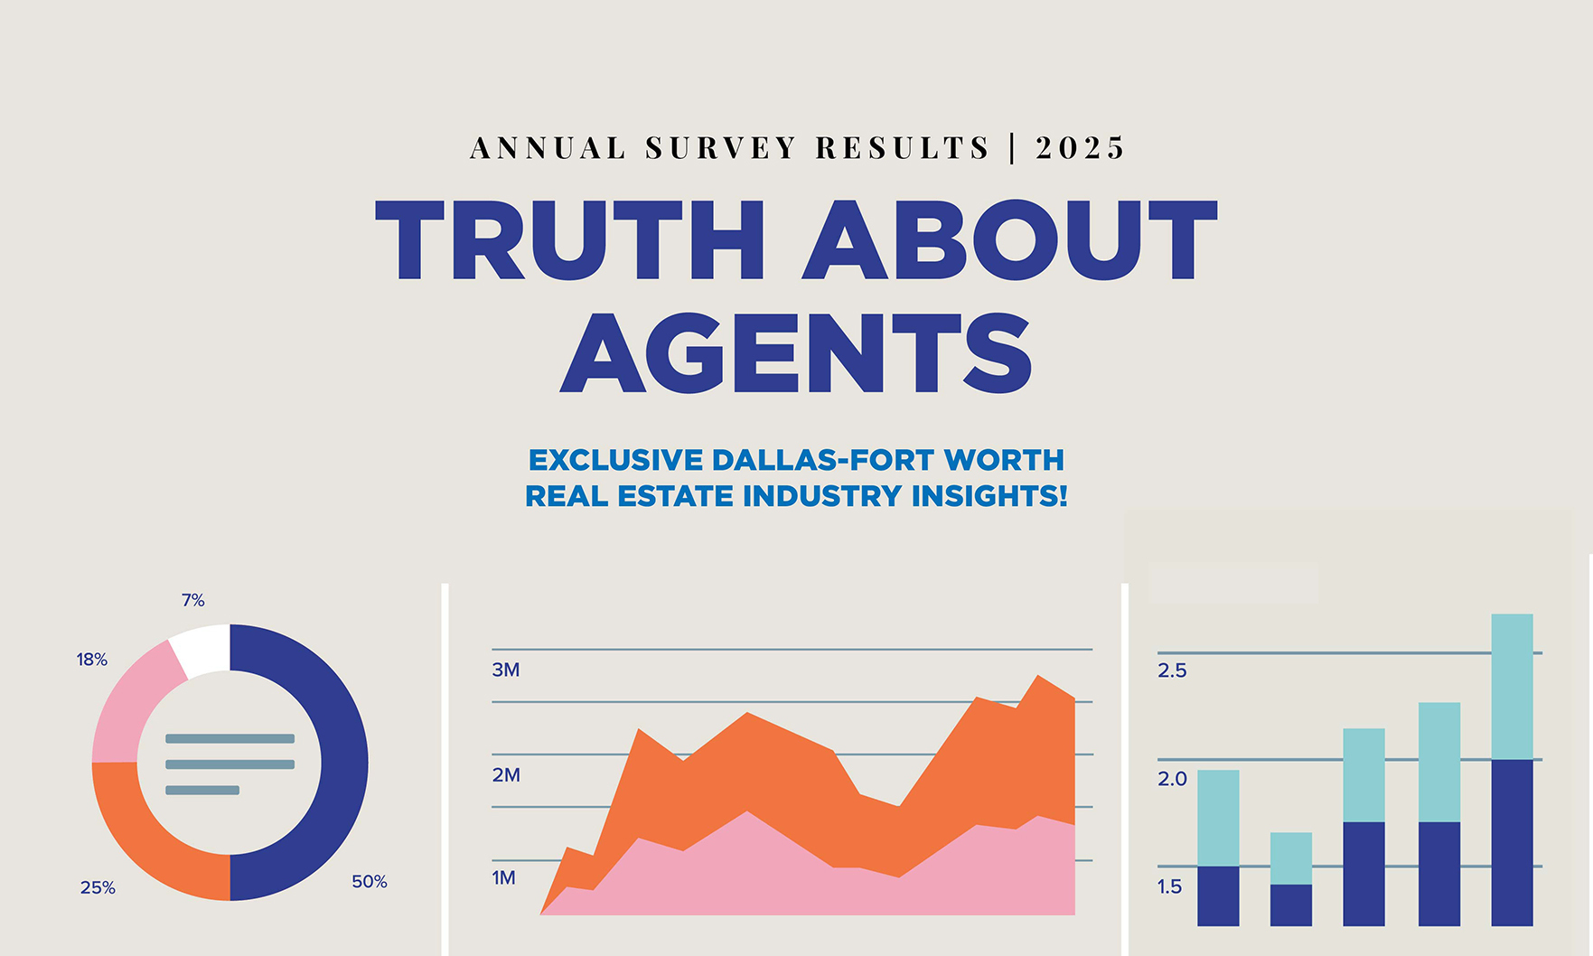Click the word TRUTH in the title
570,239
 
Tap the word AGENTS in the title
795,353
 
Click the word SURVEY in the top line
720,147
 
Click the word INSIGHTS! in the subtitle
989,496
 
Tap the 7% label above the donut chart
193,600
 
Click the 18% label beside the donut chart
92,660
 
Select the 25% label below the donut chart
98,887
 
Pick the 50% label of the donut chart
370,881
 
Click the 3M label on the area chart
506,670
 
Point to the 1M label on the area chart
503,877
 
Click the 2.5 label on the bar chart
1172,670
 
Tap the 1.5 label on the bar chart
1169,886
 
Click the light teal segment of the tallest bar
1512,687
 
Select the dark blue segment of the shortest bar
1290,904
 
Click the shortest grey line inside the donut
202,791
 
